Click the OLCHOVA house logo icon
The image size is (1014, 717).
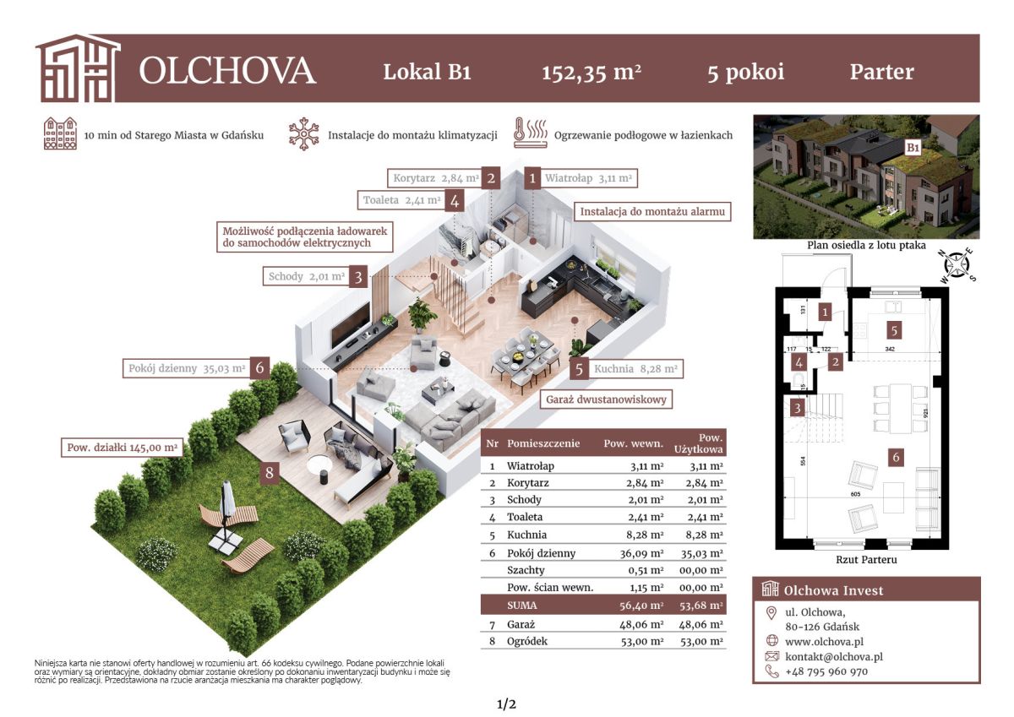coord(79,68)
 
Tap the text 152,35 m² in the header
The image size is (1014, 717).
coord(591,73)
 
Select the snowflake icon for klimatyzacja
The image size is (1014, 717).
coord(303,134)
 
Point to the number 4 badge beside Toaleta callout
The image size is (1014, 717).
coord(455,200)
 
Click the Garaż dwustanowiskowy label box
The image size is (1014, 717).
coord(606,399)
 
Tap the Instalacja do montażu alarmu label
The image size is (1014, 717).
coord(652,212)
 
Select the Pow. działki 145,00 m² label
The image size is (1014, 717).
coord(123,448)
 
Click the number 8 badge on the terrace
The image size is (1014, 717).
coord(270,473)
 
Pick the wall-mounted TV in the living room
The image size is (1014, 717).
coord(351,324)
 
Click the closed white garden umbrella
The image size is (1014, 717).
coord(227,500)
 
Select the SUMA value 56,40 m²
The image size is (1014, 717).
coord(641,606)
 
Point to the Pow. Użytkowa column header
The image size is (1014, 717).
coord(698,443)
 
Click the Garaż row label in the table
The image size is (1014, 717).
coord(521,625)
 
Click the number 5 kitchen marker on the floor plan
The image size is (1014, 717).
coord(894,331)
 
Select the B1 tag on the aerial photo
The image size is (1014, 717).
coord(913,148)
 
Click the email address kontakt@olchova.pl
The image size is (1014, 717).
coord(834,657)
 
